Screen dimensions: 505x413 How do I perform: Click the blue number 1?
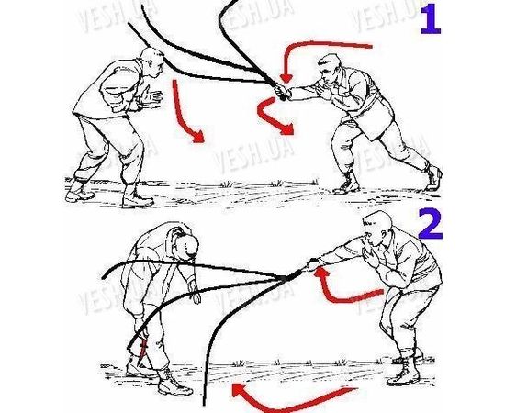click(432, 19)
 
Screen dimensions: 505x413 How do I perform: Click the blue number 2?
click(431, 224)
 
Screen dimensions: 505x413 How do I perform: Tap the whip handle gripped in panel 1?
click(279, 91)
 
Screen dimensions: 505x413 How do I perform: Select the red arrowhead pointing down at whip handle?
click(286, 79)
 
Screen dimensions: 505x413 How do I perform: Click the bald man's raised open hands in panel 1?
click(151, 96)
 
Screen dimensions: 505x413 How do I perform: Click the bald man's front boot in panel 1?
click(137, 197)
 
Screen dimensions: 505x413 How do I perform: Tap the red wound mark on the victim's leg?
click(144, 350)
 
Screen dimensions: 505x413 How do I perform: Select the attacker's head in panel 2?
click(377, 229)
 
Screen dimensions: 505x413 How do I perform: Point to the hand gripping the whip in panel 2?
click(312, 264)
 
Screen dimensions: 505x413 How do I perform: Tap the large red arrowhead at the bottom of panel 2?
click(239, 390)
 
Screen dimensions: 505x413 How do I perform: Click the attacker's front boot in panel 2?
click(404, 374)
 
